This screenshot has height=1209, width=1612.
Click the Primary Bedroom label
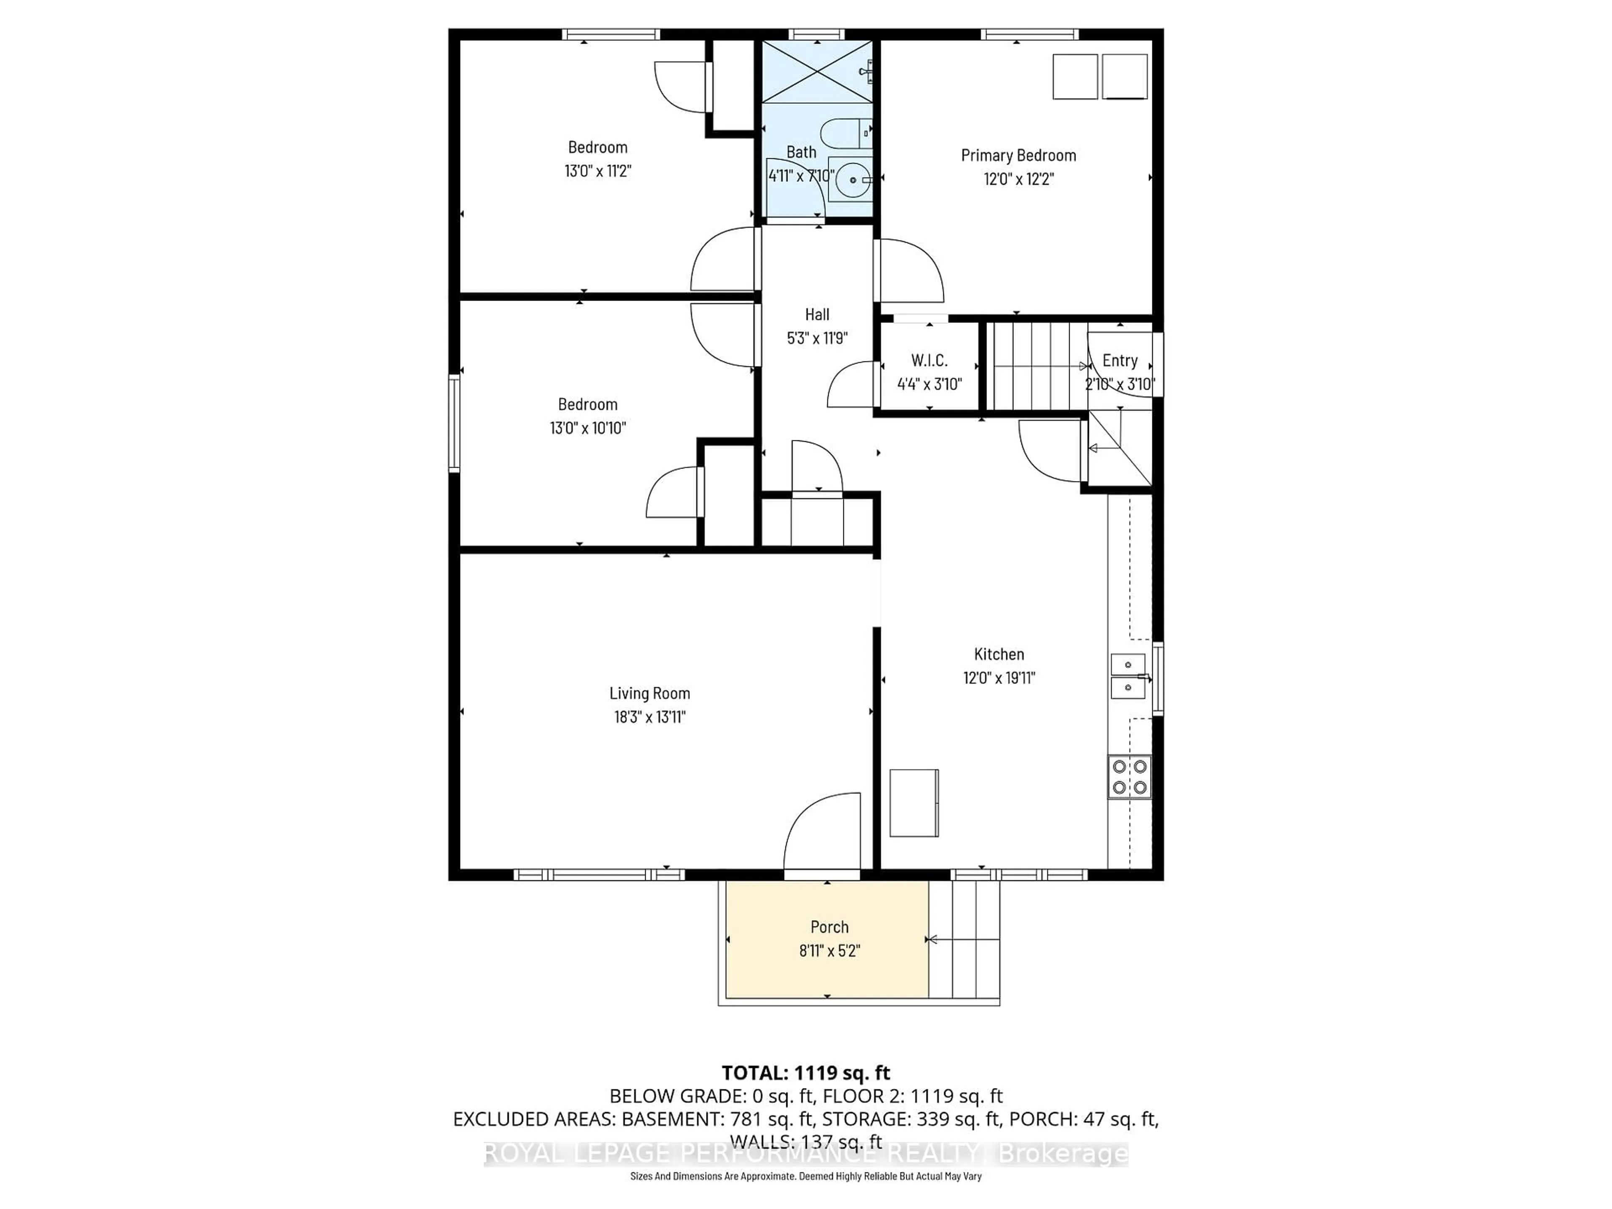click(1018, 155)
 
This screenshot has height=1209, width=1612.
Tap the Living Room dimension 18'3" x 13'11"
click(649, 716)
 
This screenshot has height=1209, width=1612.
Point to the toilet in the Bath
click(846, 133)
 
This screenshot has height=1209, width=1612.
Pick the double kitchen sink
click(1128, 676)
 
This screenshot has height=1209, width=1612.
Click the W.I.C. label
click(929, 361)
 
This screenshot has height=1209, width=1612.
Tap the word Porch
click(830, 927)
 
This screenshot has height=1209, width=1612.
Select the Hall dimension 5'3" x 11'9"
click(817, 338)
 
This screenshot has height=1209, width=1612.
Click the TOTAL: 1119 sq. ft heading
click(806, 1073)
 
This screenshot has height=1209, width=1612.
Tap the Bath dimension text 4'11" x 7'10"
click(801, 175)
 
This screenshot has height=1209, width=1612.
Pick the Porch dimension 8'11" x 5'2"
click(830, 950)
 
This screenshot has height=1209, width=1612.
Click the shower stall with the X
click(817, 71)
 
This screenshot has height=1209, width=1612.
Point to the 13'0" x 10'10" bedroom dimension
click(587, 428)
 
